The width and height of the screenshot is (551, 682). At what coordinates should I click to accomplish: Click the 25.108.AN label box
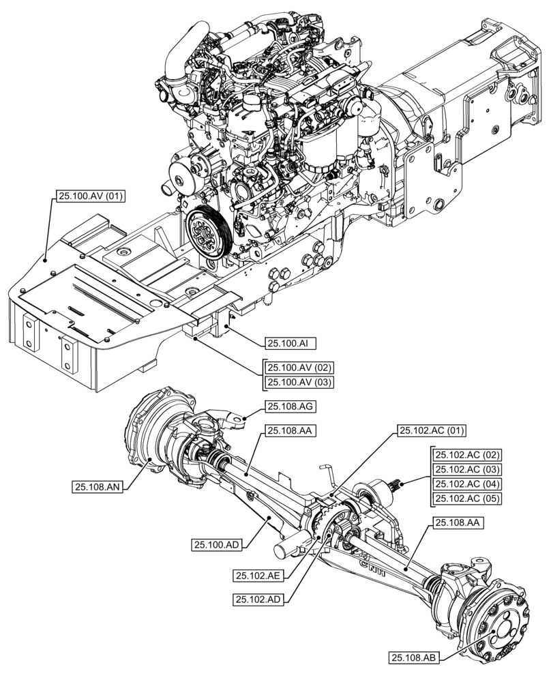(97, 486)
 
